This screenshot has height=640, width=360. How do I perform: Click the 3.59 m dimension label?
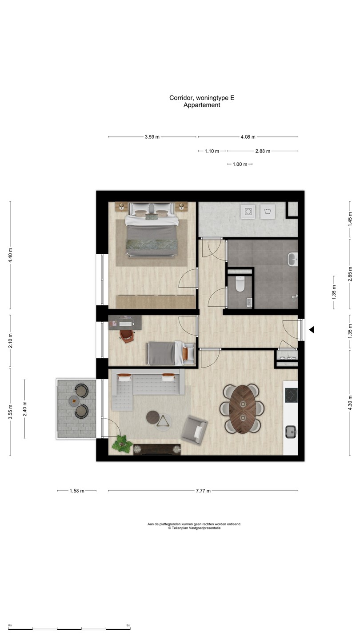152,137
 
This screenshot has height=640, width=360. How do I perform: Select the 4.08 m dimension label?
248,137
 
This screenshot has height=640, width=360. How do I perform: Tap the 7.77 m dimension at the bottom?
203,491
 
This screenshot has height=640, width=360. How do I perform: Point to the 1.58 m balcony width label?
77,491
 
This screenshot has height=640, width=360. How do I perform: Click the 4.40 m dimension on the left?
11,255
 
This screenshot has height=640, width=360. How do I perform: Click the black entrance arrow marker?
312,330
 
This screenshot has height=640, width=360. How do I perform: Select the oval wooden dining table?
243,408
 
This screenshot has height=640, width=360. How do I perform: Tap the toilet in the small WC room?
240,284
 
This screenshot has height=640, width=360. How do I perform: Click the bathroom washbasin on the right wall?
293,259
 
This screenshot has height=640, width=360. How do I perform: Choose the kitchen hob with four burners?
291,395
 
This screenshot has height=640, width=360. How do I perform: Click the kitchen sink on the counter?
291,431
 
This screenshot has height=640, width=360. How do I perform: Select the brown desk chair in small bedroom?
127,336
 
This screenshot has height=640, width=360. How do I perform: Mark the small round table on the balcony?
73,401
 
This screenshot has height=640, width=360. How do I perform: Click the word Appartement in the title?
202,105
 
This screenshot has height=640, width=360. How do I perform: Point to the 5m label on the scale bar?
128,625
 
